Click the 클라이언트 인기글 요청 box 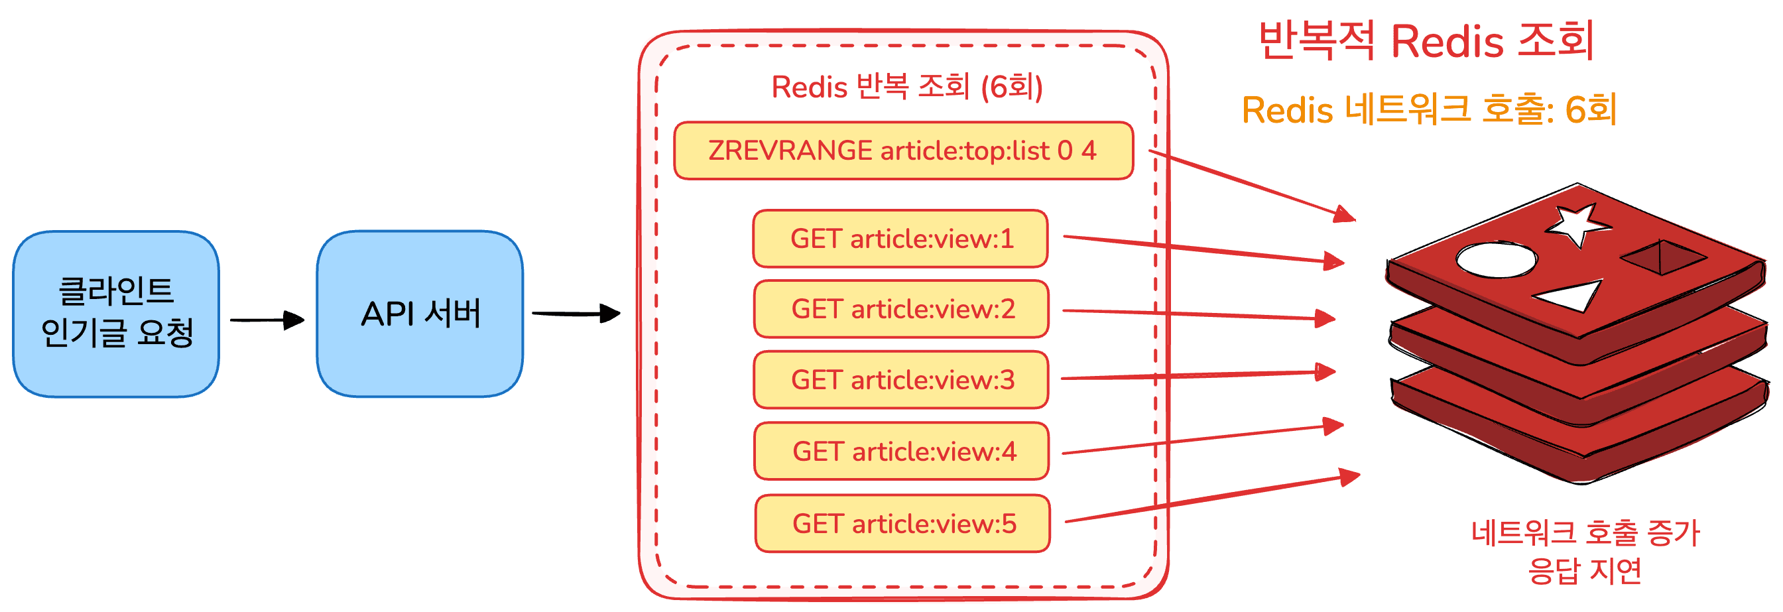pyautogui.click(x=116, y=314)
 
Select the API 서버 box pyautogui.click(x=420, y=314)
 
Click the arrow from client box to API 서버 pyautogui.click(x=267, y=320)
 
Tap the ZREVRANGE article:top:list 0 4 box pyautogui.click(x=903, y=151)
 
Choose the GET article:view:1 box pyautogui.click(x=900, y=239)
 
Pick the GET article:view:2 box pyautogui.click(x=901, y=309)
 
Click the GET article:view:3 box pyautogui.click(x=901, y=380)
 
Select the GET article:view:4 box pyautogui.click(x=902, y=452)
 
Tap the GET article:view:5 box pyautogui.click(x=902, y=523)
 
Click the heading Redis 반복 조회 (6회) pyautogui.click(x=906, y=88)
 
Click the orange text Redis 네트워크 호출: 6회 pyautogui.click(x=1430, y=109)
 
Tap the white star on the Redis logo pyautogui.click(x=1578, y=223)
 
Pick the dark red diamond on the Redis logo pyautogui.click(x=1662, y=257)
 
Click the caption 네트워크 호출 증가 pyautogui.click(x=1585, y=533)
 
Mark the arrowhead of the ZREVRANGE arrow pyautogui.click(x=1345, y=215)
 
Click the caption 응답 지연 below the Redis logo pyautogui.click(x=1585, y=571)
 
